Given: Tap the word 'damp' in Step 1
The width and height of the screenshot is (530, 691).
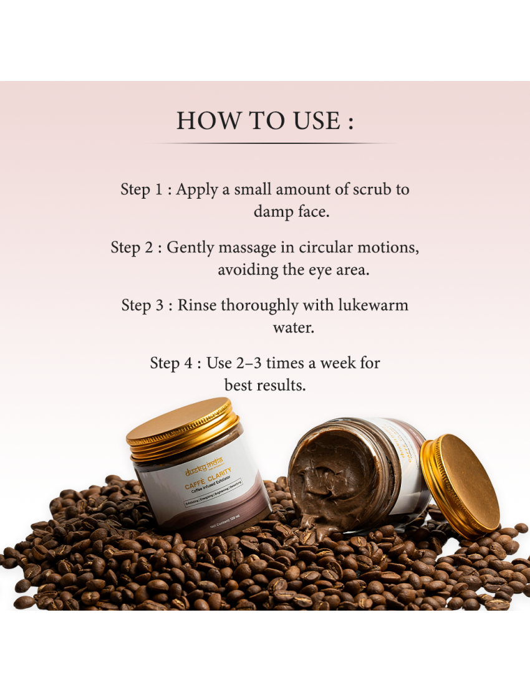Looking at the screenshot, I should click(272, 212).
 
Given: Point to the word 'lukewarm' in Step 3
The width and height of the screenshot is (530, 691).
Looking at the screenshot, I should click(373, 305).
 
